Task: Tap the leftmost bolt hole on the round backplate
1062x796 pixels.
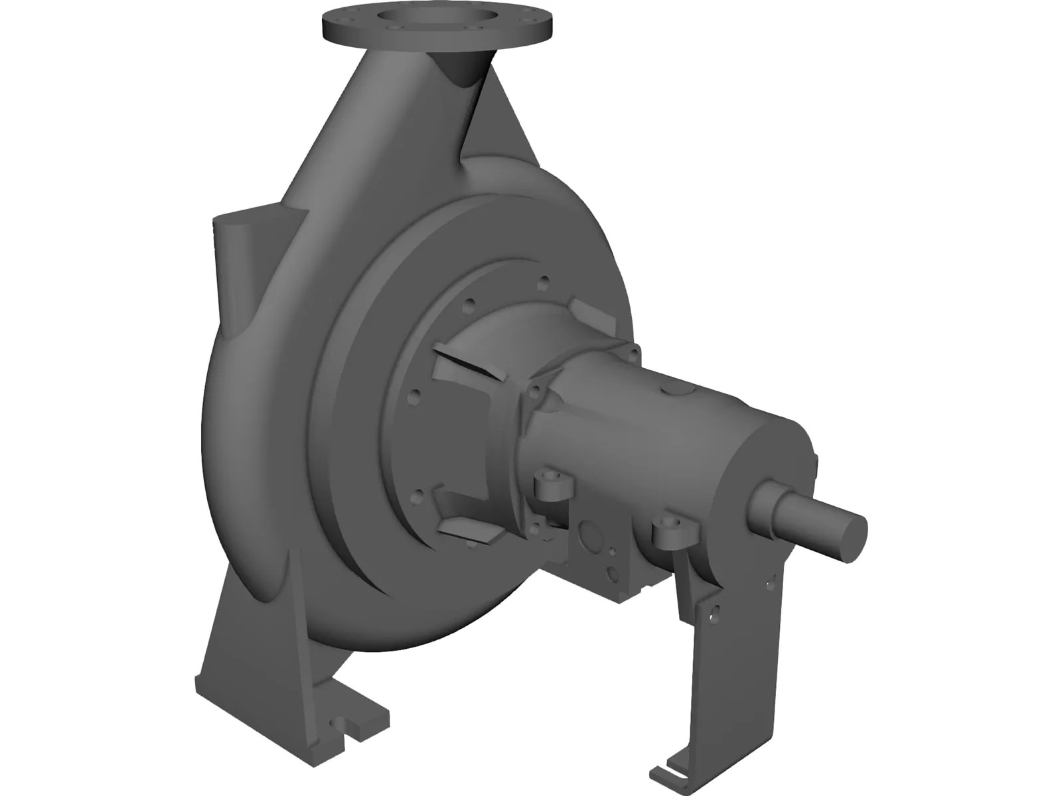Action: [415, 396]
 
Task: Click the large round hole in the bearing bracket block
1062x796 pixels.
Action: [587, 534]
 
